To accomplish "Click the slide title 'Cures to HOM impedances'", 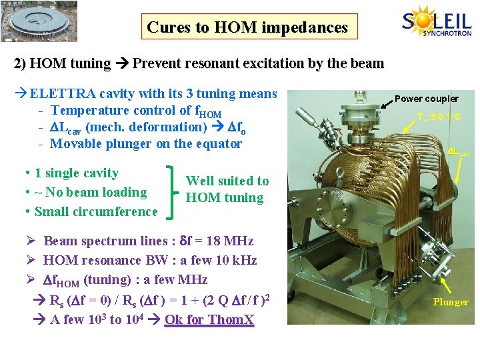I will click(247, 27).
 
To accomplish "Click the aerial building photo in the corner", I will click(39, 21).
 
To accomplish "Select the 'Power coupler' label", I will click(426, 99).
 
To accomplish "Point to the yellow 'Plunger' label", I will click(451, 302).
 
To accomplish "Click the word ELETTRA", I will click(59, 94).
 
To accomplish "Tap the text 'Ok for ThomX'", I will click(209, 319).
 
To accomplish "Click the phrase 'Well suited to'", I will click(227, 181).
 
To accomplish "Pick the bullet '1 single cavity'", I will click(76, 173).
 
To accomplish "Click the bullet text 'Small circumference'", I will click(96, 211).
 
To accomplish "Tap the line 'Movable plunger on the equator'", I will click(146, 143).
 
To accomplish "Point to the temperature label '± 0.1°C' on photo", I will click(439, 117).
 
